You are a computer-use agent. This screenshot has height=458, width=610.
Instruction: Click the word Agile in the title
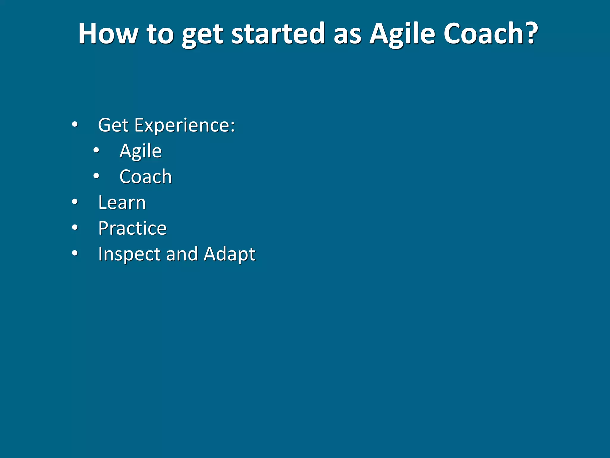point(402,34)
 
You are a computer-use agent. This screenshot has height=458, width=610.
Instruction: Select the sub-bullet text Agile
point(140,151)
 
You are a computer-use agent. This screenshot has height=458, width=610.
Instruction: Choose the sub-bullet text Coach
point(146,177)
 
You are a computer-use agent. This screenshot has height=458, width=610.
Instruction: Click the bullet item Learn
point(122,202)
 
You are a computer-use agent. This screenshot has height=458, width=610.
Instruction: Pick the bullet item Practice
point(132,228)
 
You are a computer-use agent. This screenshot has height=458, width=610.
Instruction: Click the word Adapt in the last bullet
point(229,254)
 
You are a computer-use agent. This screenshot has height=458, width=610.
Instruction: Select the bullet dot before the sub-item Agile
point(96,150)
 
